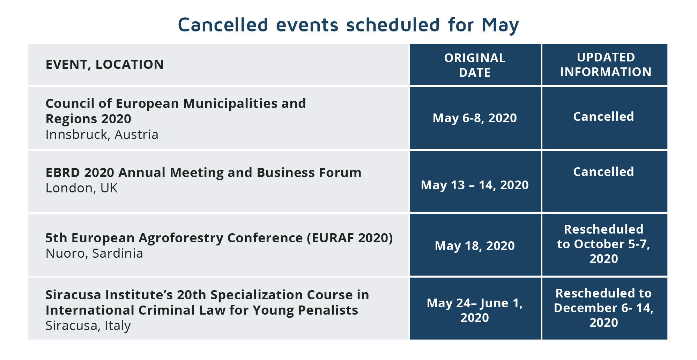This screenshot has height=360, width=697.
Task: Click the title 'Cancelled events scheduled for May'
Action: click(x=348, y=25)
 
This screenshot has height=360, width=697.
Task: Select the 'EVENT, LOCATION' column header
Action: click(x=105, y=65)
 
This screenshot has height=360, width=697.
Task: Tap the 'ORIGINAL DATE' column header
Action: click(x=475, y=65)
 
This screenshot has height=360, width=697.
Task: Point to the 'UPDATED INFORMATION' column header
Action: click(x=606, y=65)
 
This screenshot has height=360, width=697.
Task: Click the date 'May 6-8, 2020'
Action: click(x=475, y=118)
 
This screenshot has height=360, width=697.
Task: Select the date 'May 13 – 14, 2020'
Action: click(x=475, y=185)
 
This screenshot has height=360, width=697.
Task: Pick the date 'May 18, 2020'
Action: click(x=475, y=246)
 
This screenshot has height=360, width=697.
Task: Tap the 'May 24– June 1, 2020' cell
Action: click(x=475, y=310)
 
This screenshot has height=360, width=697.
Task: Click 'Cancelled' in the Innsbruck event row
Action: click(x=603, y=117)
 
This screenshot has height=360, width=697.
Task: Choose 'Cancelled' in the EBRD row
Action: click(x=603, y=172)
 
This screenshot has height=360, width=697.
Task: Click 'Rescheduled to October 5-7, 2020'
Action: click(x=604, y=244)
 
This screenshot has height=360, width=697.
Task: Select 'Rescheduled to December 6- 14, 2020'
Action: click(x=604, y=308)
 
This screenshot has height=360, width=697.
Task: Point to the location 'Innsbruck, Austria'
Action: click(x=102, y=135)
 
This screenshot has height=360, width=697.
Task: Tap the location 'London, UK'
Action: click(x=82, y=188)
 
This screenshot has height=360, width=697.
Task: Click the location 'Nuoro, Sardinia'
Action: click(x=94, y=254)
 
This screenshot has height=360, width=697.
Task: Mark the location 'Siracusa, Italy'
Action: click(x=88, y=326)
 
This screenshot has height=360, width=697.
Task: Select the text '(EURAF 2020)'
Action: click(x=350, y=238)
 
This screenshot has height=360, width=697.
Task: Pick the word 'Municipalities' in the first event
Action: click(x=230, y=104)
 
